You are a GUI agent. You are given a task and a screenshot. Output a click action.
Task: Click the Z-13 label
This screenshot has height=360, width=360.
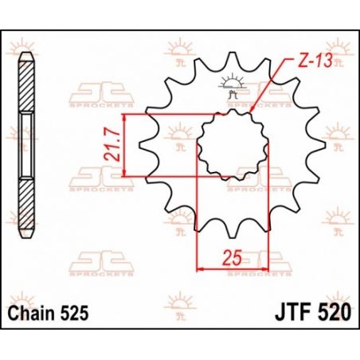click(x=306, y=62)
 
